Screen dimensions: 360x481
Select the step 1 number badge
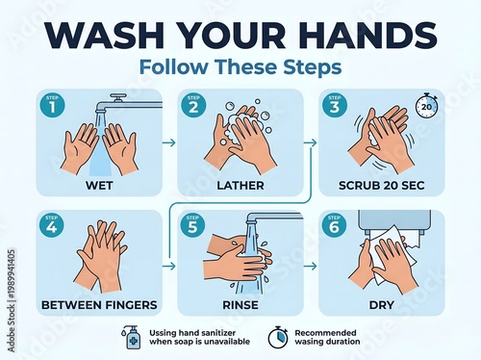click(x=49, y=106)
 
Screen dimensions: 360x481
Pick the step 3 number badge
click(x=334, y=106)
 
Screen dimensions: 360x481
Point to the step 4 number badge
click(x=49, y=226)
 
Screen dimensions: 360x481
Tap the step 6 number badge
click(x=334, y=226)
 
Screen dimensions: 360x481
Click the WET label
click(x=99, y=184)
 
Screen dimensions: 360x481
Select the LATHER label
click(x=240, y=184)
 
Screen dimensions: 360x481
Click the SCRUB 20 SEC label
click(x=382, y=184)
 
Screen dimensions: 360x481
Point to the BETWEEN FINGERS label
click(x=99, y=305)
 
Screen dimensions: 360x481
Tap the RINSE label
click(x=240, y=305)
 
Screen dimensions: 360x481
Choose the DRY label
click(x=382, y=305)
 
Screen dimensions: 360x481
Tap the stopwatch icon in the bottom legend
click(x=278, y=336)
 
